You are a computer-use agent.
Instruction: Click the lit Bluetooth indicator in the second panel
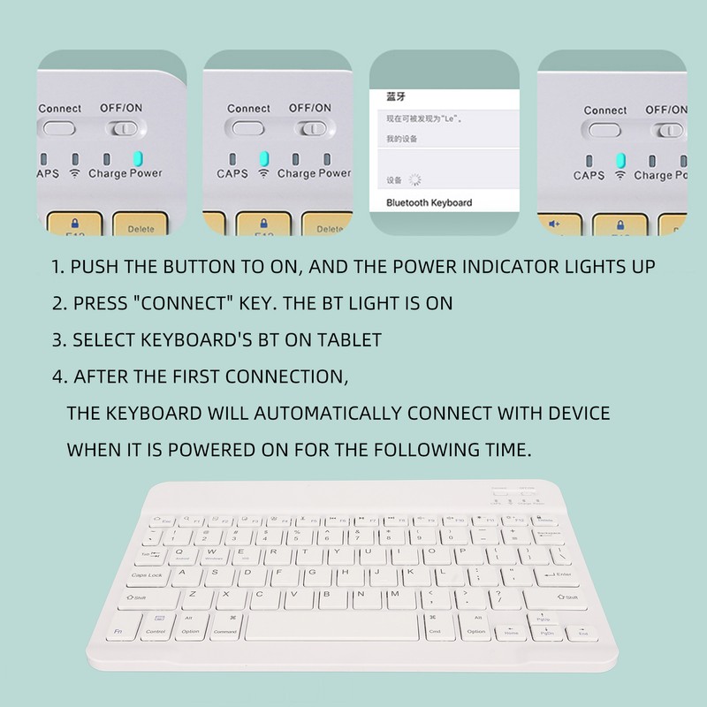coord(263,159)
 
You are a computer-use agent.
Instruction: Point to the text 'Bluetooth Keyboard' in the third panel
coord(430,202)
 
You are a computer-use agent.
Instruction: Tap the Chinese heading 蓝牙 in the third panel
coord(395,96)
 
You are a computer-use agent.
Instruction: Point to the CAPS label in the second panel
coord(232,174)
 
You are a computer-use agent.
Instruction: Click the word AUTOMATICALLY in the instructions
coord(304,414)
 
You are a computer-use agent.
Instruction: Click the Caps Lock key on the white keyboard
coord(148,575)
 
